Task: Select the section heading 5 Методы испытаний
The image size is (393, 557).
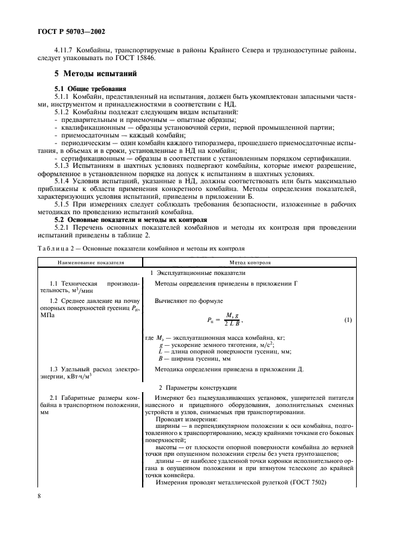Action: (96, 74)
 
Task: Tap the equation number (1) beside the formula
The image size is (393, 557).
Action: (348, 320)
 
